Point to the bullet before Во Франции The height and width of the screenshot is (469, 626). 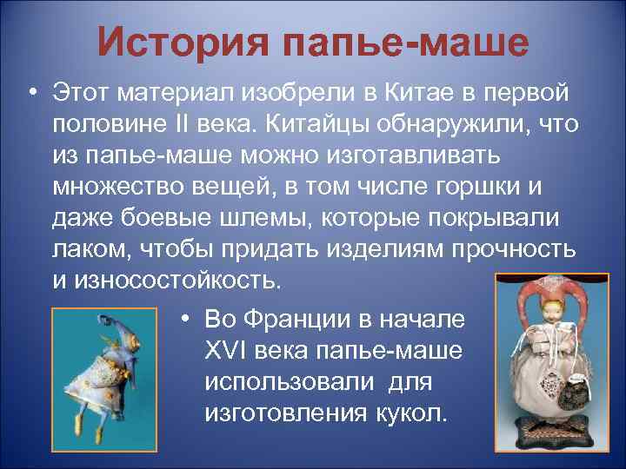tap(186, 319)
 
